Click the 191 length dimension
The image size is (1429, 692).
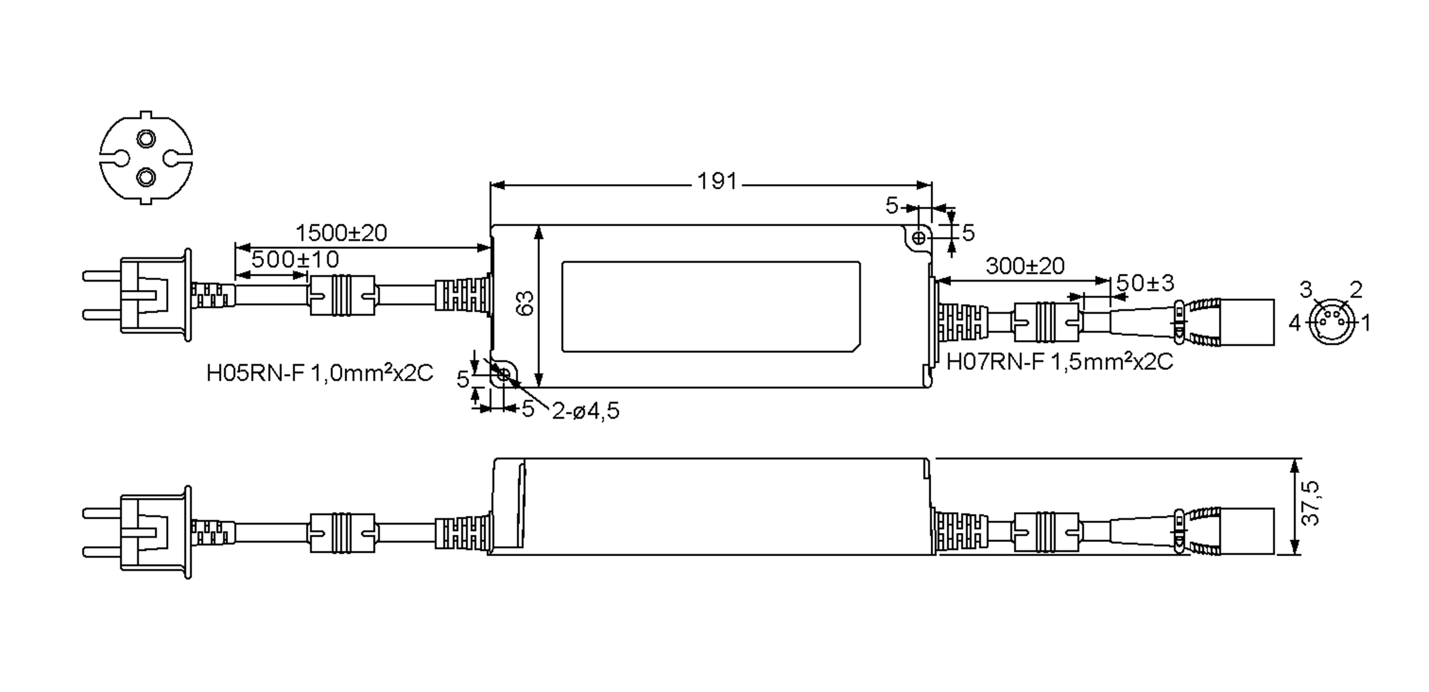(x=717, y=181)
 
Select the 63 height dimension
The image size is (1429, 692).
(x=525, y=303)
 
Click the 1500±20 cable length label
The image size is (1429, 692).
(x=341, y=233)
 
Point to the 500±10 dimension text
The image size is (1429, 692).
(x=295, y=260)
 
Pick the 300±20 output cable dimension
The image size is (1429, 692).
(x=1025, y=266)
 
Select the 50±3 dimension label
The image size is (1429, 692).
(x=1144, y=283)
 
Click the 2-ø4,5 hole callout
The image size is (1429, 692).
(x=585, y=411)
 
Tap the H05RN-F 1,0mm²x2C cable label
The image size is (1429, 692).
(x=319, y=373)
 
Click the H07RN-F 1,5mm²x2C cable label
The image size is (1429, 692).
(x=1059, y=362)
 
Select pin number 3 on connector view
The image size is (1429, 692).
(x=1305, y=290)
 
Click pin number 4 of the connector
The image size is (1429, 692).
(x=1294, y=323)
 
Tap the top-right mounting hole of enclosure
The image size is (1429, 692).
(x=919, y=238)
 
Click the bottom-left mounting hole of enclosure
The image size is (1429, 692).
(x=503, y=375)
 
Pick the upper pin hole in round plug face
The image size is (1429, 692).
(x=145, y=139)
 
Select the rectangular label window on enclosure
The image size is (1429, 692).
(x=710, y=307)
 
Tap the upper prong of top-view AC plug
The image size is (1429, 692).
(x=102, y=276)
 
